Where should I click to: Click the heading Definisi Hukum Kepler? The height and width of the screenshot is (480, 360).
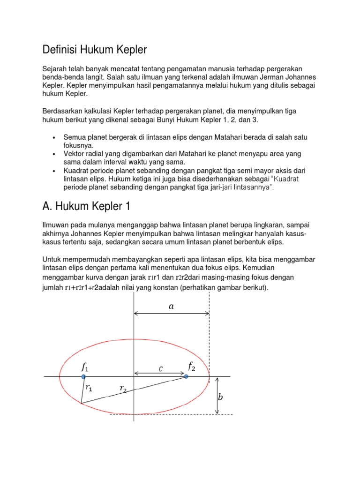pyautogui.click(x=95, y=49)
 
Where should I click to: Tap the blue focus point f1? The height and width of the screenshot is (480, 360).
pyautogui.click(x=83, y=376)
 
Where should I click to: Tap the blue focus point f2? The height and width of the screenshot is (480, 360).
pyautogui.click(x=186, y=376)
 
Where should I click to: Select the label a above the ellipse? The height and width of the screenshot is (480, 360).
pyautogui.click(x=171, y=306)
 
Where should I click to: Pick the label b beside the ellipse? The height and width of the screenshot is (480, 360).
pyautogui.click(x=220, y=397)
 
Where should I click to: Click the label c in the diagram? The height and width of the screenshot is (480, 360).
pyautogui.click(x=160, y=368)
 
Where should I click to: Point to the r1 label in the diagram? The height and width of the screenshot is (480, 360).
pyautogui.click(x=89, y=388)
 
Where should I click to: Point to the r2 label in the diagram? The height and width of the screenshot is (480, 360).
pyautogui.click(x=123, y=388)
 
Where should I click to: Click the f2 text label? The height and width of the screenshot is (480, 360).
pyautogui.click(x=192, y=366)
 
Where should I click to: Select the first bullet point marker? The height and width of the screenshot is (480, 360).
pyautogui.click(x=55, y=138)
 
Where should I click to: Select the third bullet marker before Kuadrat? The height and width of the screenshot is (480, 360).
pyautogui.click(x=55, y=172)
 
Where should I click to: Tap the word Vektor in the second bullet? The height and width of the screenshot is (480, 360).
pyautogui.click(x=74, y=154)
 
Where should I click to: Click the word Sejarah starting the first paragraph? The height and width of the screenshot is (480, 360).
pyautogui.click(x=55, y=68)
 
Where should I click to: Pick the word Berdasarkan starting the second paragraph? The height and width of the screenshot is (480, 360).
pyautogui.click(x=63, y=111)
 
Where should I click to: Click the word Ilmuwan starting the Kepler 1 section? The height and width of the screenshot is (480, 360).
pyautogui.click(x=56, y=225)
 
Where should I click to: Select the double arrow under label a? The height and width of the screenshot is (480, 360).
pyautogui.click(x=172, y=314)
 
